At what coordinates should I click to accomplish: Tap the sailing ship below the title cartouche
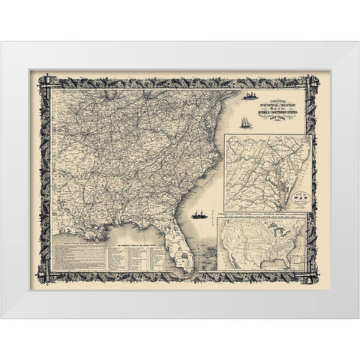click(x=229, y=120)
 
